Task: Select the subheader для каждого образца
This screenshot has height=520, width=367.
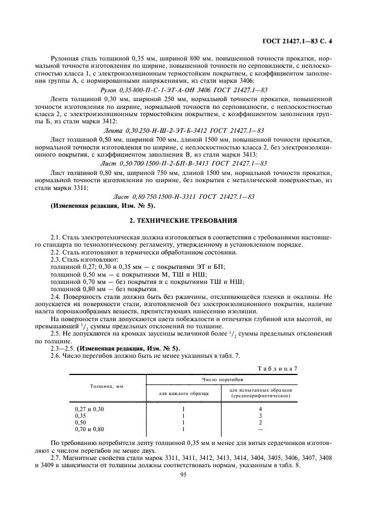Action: point(183,392)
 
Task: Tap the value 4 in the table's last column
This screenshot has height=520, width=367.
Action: point(260,409)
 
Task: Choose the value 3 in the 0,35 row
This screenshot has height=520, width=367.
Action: point(260,416)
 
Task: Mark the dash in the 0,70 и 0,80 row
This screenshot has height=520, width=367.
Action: point(260,429)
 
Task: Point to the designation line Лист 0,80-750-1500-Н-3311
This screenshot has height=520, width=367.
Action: point(183,197)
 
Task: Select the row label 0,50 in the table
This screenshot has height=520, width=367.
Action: point(81,422)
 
